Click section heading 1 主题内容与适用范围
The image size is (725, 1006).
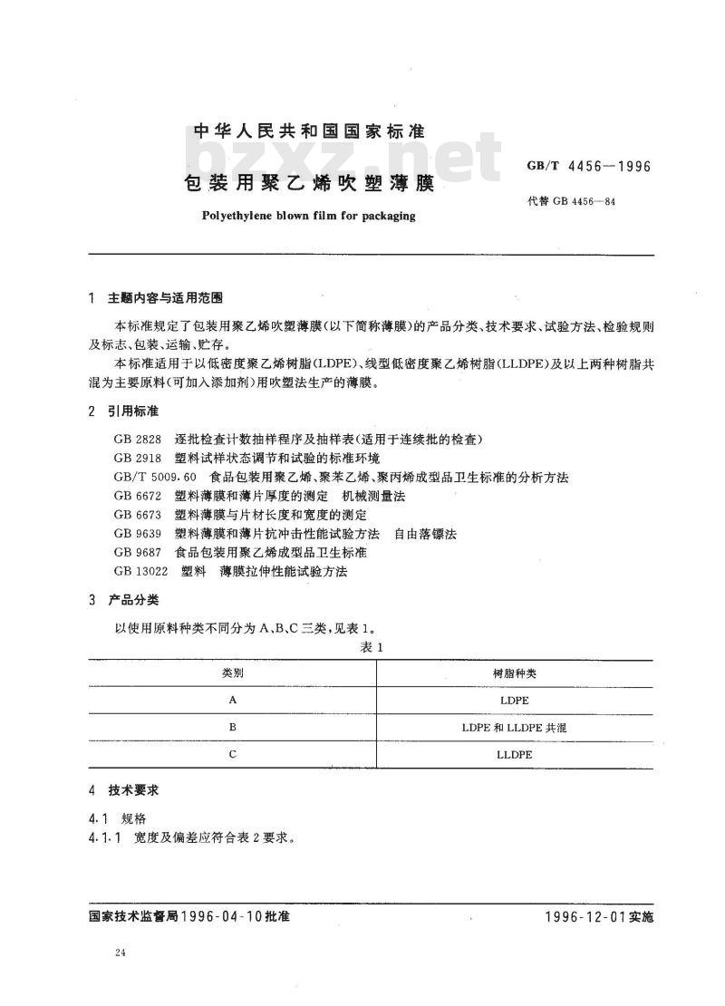158,298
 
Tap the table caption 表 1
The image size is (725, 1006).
373,647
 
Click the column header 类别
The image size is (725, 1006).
233,674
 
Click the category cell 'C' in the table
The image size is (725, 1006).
233,754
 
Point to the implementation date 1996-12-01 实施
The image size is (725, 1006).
599,916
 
